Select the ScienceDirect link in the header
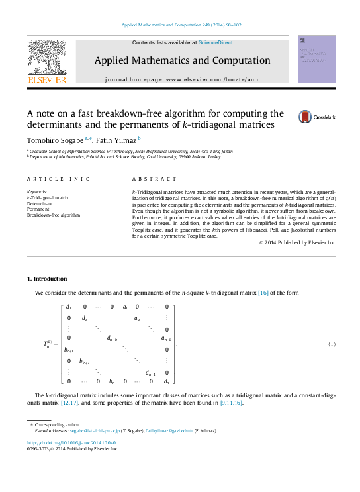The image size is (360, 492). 216,42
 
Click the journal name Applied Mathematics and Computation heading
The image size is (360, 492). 182,60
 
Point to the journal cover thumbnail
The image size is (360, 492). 316,59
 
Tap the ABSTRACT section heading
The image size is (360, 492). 155,179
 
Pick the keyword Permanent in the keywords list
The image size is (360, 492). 38,209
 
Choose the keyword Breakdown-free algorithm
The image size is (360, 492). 53,215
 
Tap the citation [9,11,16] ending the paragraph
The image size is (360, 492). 232,403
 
